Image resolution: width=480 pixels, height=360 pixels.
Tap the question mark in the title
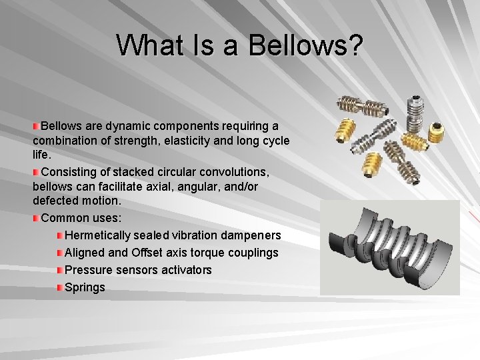355,45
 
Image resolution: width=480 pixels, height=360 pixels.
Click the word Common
63,218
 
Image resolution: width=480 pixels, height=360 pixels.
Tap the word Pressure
87,270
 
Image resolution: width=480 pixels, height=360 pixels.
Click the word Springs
85,287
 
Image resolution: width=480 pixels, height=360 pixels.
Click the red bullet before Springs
60,287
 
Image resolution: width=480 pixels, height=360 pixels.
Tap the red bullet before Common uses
36,218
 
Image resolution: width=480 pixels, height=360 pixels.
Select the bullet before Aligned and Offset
60,253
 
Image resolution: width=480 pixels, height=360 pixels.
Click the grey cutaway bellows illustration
389,247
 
